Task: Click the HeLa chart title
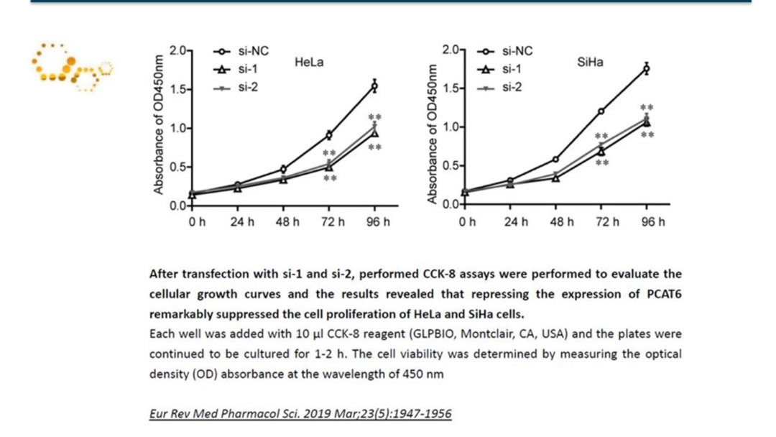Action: coord(309,63)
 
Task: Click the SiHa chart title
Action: coord(590,62)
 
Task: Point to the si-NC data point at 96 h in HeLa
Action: coord(374,86)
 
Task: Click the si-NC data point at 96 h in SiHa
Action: coord(646,69)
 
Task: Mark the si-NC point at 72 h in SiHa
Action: coord(601,111)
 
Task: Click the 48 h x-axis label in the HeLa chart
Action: coord(286,222)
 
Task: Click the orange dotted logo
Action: coord(72,68)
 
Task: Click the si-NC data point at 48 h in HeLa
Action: coord(284,170)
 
